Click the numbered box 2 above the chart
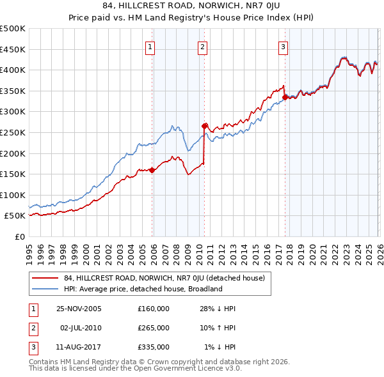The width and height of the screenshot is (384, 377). click(x=202, y=46)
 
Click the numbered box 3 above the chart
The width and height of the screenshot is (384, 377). click(x=283, y=46)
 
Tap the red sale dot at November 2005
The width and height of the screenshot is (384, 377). click(x=152, y=170)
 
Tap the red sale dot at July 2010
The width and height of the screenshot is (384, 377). click(x=205, y=126)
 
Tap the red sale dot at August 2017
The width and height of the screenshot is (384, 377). click(x=285, y=97)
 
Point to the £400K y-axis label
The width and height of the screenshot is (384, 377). click(x=13, y=70)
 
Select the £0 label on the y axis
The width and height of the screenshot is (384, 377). click(x=19, y=236)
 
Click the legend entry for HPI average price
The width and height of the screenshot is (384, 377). click(x=142, y=289)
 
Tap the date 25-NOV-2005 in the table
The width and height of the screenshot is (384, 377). click(x=79, y=309)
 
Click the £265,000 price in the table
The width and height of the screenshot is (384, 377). click(x=153, y=328)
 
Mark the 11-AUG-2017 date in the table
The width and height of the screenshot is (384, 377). click(x=79, y=347)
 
